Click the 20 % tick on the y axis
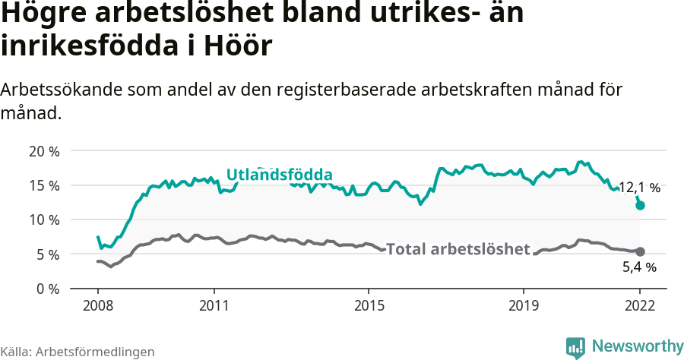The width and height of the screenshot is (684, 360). tap(44, 151)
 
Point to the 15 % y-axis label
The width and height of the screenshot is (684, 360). tap(44, 185)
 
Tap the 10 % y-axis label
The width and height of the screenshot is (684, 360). tap(44, 220)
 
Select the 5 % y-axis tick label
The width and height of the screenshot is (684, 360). tap(47, 254)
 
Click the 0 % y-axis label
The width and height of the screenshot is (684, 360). tap(47, 289)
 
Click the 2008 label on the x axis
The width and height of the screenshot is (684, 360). tap(98, 306)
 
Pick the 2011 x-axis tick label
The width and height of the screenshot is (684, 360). tap(214, 306)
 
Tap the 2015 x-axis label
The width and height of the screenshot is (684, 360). tap(369, 306)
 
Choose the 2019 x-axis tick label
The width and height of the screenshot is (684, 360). tap(524, 306)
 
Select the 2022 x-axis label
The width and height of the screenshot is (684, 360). tap(640, 306)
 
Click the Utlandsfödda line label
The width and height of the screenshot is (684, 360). tap(279, 175)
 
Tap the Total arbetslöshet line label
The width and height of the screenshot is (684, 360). tap(458, 249)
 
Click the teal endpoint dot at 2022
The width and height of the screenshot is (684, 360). tap(640, 205)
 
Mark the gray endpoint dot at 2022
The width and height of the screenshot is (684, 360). tap(640, 251)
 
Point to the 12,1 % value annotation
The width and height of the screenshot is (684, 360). tap(639, 188)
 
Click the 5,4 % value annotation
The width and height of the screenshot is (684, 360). tap(639, 267)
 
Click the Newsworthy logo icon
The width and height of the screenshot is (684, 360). tap(575, 347)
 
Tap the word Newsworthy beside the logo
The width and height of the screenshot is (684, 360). tap(637, 346)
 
